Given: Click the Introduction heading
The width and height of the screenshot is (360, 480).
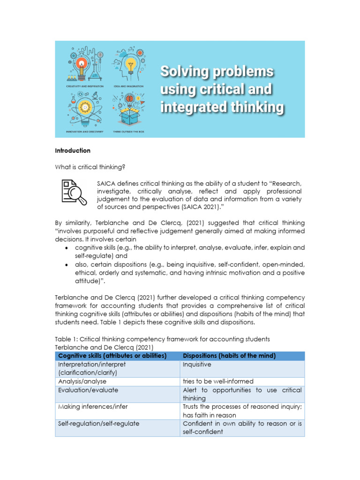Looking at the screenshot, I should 73,150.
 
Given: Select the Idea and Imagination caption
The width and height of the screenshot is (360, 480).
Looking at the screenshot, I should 128,87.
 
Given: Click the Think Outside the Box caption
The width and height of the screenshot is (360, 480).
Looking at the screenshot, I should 128,132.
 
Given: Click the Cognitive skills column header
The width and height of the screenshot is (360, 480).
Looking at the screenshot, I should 112,356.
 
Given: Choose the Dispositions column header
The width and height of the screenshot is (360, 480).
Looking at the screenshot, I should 229,356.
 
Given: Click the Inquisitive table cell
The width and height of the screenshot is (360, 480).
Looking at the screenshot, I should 197,364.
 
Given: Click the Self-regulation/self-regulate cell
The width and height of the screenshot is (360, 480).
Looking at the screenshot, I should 98,424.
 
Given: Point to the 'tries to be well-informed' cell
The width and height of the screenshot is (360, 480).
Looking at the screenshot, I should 218,382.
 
